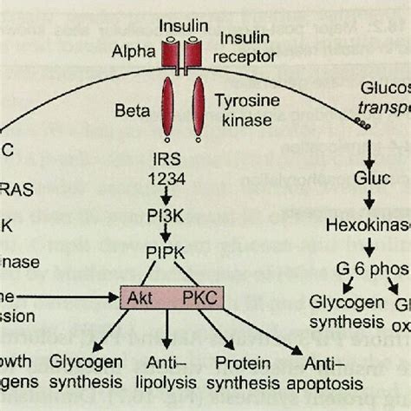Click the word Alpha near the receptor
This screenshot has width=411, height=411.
click(130, 50)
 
